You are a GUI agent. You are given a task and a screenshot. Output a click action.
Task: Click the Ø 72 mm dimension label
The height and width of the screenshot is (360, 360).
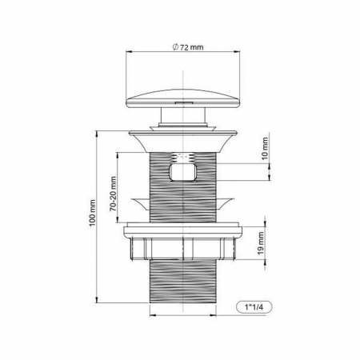[x=188, y=47]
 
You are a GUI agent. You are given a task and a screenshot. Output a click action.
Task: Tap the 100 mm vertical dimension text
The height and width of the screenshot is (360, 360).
[x=92, y=213]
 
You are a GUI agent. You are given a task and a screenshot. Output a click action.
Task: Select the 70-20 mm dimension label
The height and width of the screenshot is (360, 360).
[x=113, y=194]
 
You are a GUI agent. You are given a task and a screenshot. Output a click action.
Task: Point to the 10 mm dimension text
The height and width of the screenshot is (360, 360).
[x=265, y=148]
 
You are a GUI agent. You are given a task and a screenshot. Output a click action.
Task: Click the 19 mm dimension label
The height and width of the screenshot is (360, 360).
[x=261, y=242]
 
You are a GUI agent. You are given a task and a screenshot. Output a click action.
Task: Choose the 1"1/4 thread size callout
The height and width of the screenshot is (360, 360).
[x=254, y=307]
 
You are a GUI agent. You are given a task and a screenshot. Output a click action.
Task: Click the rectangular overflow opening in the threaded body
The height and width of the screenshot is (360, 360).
[x=183, y=172]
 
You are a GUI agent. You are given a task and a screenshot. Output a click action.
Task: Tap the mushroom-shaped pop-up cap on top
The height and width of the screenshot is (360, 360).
[x=182, y=99]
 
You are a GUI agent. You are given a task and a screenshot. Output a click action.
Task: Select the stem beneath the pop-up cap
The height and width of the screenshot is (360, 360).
[x=183, y=115]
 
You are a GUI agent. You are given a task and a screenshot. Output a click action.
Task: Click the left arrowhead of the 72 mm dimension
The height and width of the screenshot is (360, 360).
[x=129, y=51]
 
